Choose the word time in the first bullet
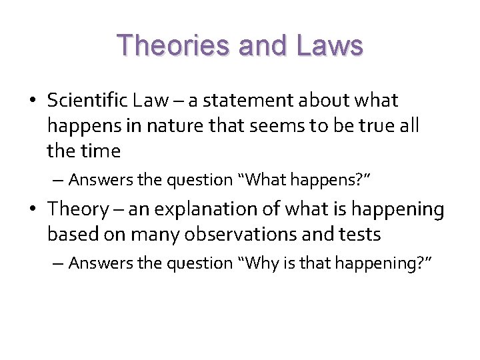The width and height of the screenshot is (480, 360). [101, 151]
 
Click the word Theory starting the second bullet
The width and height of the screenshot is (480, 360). [77, 209]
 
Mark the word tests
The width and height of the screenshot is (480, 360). [359, 235]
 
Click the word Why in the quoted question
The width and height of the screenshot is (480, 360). [261, 263]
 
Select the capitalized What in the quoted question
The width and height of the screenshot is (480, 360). [264, 180]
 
